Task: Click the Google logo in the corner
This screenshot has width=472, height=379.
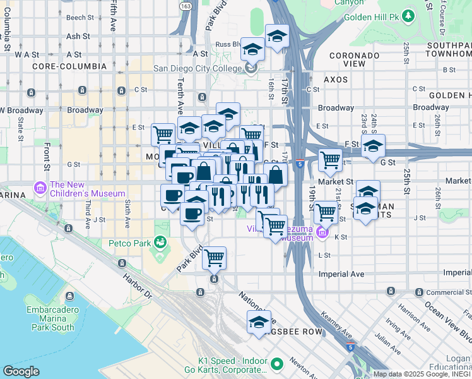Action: click(x=21, y=371)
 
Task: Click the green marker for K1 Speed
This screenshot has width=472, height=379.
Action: click(x=276, y=364)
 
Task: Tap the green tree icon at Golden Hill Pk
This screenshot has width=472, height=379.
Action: click(x=409, y=15)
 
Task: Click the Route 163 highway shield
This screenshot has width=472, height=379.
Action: click(x=185, y=6)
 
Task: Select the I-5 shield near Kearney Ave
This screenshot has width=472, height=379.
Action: click(x=353, y=347)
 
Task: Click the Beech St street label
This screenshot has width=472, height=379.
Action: click(x=80, y=18)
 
